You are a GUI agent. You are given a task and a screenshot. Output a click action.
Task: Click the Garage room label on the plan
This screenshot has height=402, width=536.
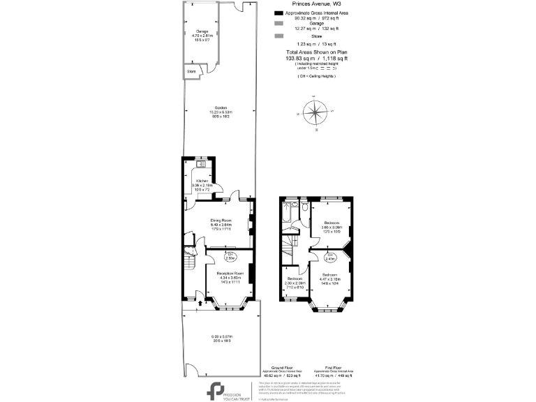point(202,32)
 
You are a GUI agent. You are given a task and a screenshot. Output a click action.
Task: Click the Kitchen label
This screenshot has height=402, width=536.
point(202,180)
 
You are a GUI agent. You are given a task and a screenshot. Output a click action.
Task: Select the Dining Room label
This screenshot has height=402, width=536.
point(221,221)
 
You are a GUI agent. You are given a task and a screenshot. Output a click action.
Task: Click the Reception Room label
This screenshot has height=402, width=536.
point(230,273)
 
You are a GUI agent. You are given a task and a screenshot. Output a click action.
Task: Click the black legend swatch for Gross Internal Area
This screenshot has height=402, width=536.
point(278,13)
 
